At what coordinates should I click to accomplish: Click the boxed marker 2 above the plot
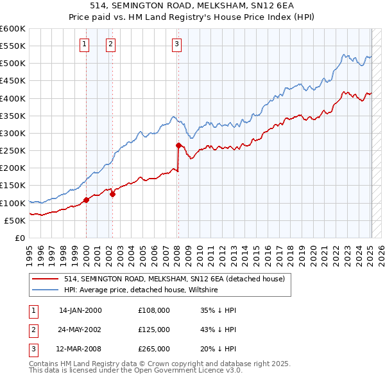[x=111, y=44]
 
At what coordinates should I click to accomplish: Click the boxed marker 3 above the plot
[x=176, y=44]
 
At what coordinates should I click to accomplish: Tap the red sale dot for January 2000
[x=86, y=200]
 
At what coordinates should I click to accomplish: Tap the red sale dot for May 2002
[x=112, y=194]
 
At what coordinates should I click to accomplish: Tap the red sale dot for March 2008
[x=178, y=145]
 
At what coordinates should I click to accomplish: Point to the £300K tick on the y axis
[x=13, y=133]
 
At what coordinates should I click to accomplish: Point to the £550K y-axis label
[x=13, y=46]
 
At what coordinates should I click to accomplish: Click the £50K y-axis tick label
[x=15, y=220]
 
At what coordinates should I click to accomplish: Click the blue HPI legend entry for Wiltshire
[x=141, y=290]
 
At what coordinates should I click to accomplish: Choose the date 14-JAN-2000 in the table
[x=80, y=310]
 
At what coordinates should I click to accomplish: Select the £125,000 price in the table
[x=154, y=330]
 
